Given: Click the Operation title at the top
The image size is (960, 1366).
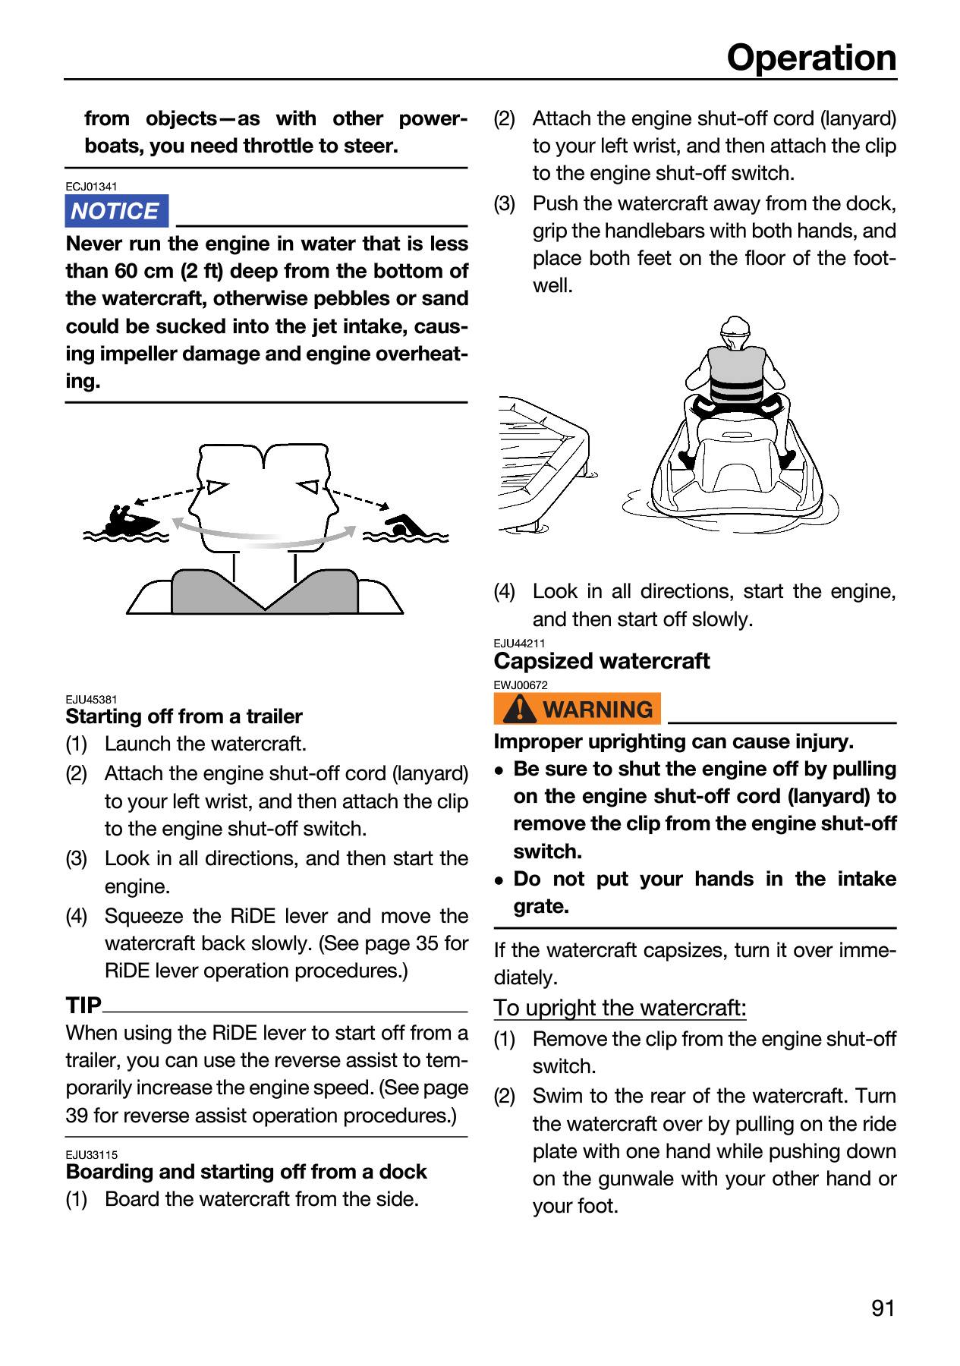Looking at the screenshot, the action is pyautogui.click(x=811, y=58).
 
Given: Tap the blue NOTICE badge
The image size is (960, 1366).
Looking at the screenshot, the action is pyautogui.click(x=116, y=211).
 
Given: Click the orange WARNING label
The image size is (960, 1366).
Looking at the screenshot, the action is pyautogui.click(x=578, y=709).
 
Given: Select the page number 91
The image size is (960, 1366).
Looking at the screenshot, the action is pyautogui.click(x=883, y=1308).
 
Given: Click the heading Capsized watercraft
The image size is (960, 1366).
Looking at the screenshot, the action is pyautogui.click(x=602, y=661).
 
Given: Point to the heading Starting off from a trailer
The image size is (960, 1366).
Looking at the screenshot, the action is pyautogui.click(x=184, y=716).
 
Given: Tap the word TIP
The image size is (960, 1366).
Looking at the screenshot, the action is pyautogui.click(x=83, y=1005).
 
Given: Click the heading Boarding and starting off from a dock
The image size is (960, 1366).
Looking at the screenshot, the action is pyautogui.click(x=247, y=1172).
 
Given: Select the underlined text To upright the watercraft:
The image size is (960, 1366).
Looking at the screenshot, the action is pyautogui.click(x=620, y=1008).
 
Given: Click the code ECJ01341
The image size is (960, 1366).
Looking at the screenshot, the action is pyautogui.click(x=91, y=187).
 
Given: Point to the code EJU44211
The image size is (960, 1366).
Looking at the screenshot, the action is pyautogui.click(x=520, y=644).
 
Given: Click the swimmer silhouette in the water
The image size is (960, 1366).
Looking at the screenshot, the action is pyautogui.click(x=405, y=526).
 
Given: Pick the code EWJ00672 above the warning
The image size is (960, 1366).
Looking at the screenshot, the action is pyautogui.click(x=521, y=685).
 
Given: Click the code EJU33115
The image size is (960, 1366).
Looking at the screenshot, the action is pyautogui.click(x=92, y=1155).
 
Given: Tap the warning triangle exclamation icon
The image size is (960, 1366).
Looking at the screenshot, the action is pyautogui.click(x=520, y=709).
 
